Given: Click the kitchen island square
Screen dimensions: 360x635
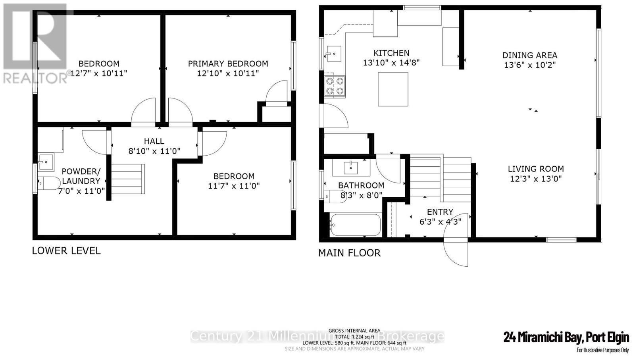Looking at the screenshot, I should click(x=393, y=89).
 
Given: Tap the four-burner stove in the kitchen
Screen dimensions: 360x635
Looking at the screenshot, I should click(x=334, y=86).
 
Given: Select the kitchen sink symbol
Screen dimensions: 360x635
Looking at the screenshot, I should click(x=334, y=54).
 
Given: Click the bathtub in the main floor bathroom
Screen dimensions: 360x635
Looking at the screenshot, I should click(x=354, y=225).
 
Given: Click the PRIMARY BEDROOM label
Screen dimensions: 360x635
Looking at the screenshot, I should click(x=228, y=64).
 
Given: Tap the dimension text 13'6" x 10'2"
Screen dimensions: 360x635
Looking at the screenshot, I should click(x=529, y=65).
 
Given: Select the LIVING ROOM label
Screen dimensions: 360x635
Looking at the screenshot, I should click(x=535, y=169).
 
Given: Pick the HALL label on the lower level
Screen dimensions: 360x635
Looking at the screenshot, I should click(x=154, y=141).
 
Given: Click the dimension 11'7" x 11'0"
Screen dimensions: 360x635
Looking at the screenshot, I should click(x=234, y=186).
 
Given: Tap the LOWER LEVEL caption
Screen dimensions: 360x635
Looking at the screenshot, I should click(x=66, y=251).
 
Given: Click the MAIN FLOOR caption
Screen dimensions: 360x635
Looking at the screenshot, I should click(x=349, y=253).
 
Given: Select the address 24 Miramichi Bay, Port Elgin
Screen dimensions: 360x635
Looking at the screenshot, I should click(x=566, y=337).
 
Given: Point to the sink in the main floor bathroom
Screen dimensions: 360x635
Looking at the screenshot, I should click(x=351, y=167).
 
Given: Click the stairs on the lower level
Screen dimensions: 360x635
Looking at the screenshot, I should click(x=127, y=179).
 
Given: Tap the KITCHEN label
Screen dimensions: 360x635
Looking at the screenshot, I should click(x=391, y=53).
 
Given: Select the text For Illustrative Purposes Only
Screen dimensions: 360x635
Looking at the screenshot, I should click(x=602, y=350).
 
